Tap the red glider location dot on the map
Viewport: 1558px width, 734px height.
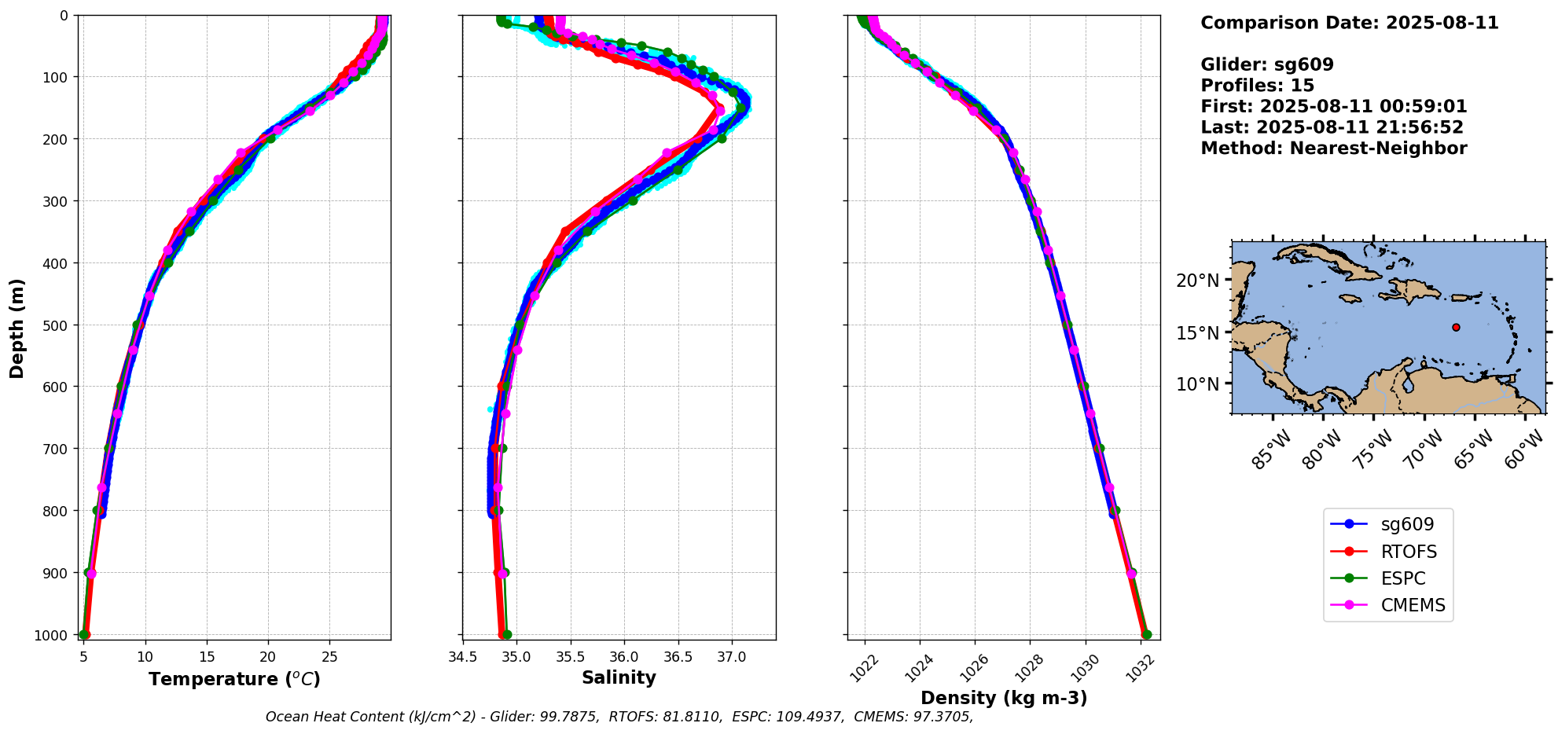1456,327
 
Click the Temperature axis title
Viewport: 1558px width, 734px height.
234,679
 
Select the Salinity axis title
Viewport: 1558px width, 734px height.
619,677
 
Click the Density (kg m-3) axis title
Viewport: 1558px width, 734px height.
1004,698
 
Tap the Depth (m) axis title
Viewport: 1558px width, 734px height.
17,328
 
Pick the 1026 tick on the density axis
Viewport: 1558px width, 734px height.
973,666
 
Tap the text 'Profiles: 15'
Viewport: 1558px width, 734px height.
1257,86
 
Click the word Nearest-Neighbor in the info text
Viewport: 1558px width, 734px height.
1378,149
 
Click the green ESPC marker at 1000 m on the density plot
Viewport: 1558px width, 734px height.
1146,634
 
